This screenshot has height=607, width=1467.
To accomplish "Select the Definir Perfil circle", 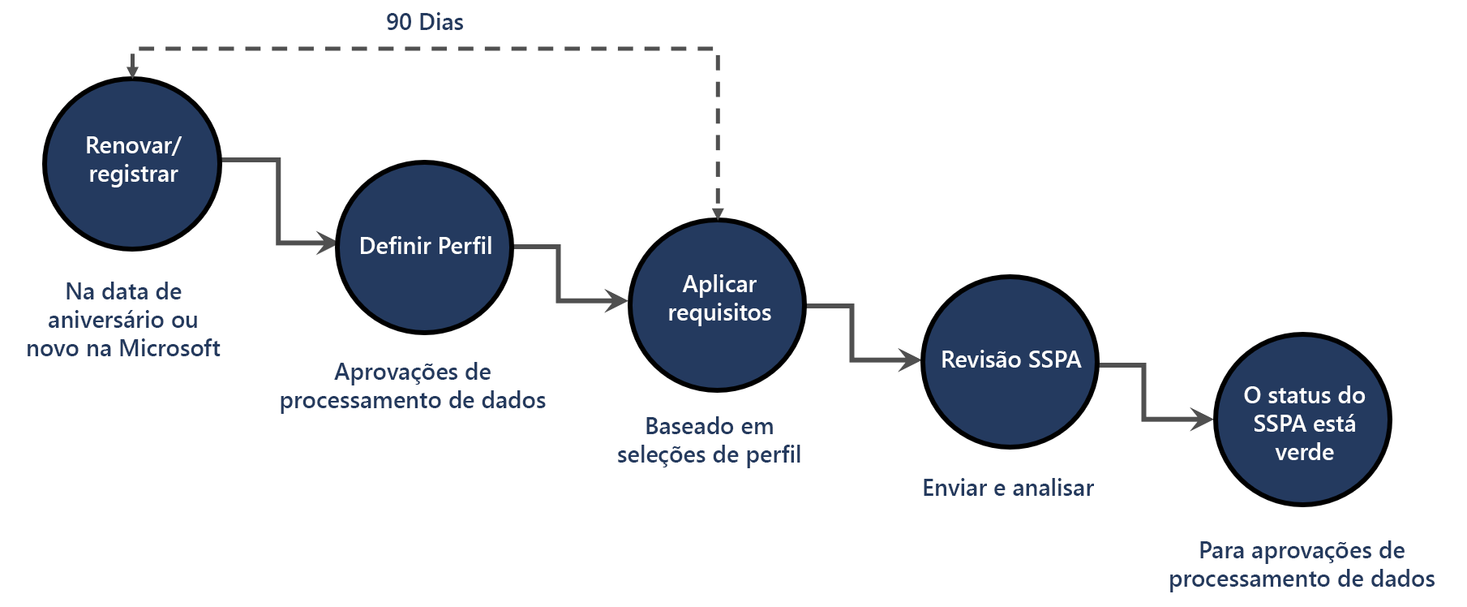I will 425,246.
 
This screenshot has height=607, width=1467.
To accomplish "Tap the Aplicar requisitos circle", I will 718,304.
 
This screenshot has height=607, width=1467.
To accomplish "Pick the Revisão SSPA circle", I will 1010,361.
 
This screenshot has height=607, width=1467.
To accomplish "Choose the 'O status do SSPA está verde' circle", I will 1303,420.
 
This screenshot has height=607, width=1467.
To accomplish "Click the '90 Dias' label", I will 425,22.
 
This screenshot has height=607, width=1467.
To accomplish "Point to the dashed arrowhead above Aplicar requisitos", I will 718,213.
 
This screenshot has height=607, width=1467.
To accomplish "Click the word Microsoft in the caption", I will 169,348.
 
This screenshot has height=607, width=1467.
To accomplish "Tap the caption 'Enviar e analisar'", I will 1008,488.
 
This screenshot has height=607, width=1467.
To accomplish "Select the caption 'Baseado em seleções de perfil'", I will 709,441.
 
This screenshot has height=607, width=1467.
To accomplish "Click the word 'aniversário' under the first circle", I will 101,320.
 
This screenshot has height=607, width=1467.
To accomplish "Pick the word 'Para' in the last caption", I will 1222,550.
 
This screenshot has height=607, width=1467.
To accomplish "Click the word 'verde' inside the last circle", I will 1304,452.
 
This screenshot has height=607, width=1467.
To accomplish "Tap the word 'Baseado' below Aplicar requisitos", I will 678,426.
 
